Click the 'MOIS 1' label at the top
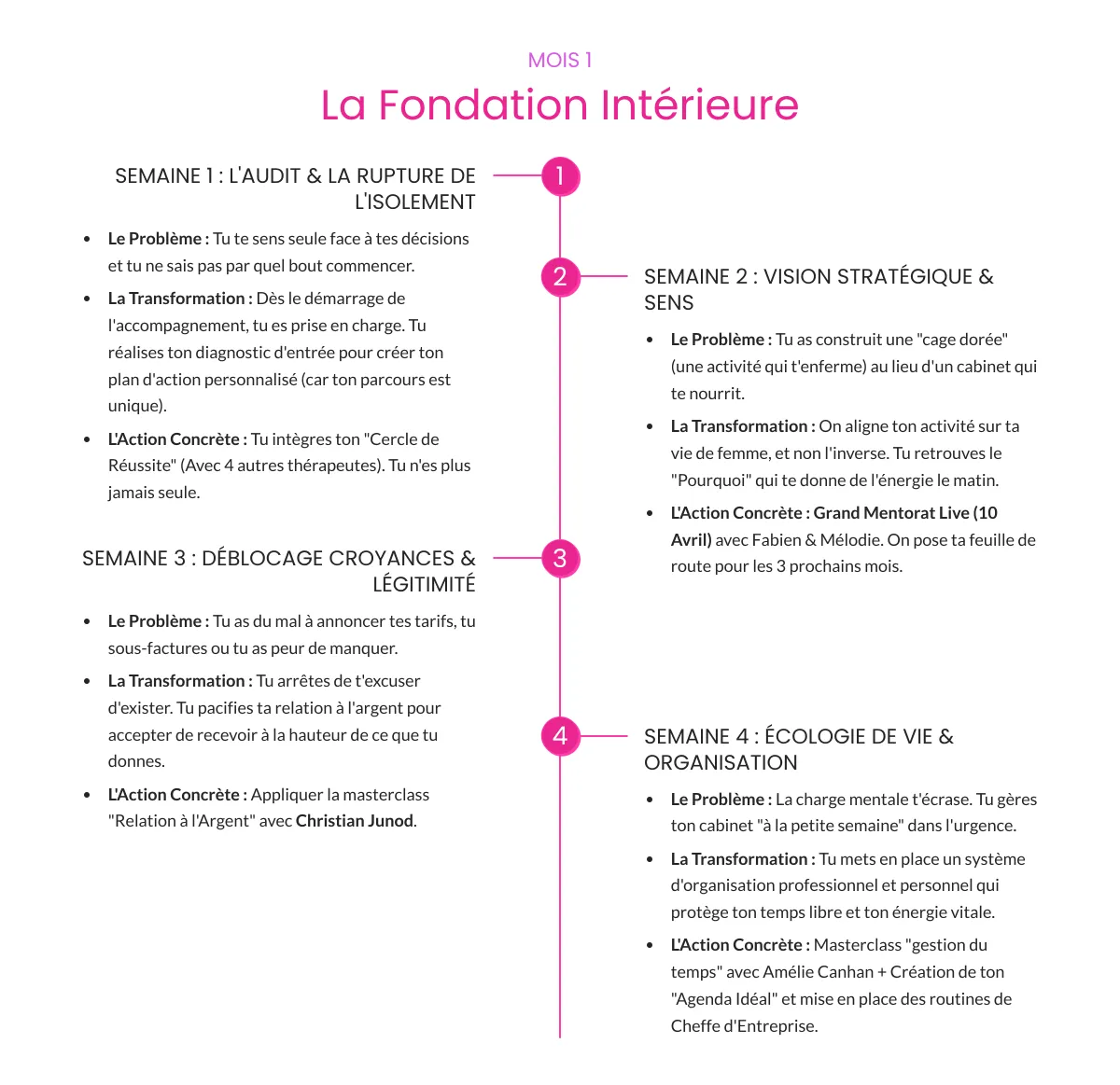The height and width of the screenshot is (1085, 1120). [x=560, y=61]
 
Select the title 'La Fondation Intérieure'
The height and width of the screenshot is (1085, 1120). [x=560, y=105]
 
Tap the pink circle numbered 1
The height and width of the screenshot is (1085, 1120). [x=560, y=176]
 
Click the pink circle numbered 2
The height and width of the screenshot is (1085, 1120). [x=560, y=276]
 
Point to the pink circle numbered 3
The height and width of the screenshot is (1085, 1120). [x=560, y=559]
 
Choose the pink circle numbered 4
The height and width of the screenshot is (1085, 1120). [x=560, y=736]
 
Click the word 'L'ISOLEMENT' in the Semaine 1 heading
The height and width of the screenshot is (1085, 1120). [x=414, y=202]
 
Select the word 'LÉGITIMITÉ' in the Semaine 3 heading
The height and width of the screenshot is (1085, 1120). [x=424, y=585]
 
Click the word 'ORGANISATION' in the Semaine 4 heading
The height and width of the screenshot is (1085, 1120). [x=721, y=763]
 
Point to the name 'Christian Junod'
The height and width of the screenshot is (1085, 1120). [x=355, y=821]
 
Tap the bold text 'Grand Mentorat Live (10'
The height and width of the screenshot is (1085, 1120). [x=905, y=513]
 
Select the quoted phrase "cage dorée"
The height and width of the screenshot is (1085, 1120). [x=965, y=340]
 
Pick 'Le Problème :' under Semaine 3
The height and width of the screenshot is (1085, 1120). [x=158, y=621]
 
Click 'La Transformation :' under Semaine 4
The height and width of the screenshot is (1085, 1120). [x=743, y=859]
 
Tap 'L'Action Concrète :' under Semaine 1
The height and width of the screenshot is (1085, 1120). [x=177, y=439]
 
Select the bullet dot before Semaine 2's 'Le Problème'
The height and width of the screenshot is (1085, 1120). [x=650, y=341]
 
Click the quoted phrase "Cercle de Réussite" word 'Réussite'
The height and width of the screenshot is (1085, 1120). [x=141, y=466]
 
